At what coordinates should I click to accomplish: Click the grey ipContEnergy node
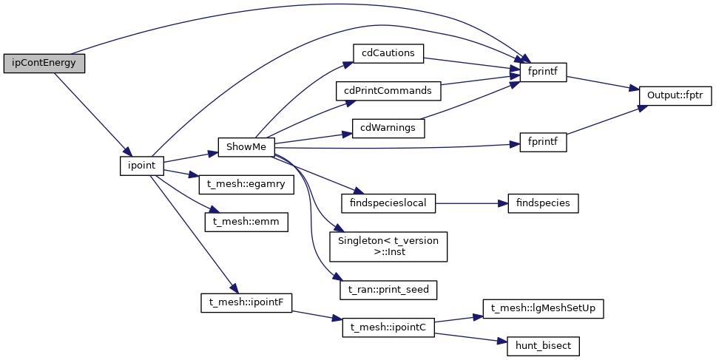[x=44, y=63]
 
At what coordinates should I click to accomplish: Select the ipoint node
[x=141, y=165]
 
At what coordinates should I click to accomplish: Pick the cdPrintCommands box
[x=388, y=91]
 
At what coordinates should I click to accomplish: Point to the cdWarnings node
[x=388, y=127]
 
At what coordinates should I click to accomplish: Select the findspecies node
[x=543, y=203]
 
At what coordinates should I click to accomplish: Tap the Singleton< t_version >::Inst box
[x=388, y=247]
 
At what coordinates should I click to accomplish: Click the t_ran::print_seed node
[x=388, y=290]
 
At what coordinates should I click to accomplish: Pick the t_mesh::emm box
[x=246, y=221]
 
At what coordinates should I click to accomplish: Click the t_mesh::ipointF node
[x=247, y=302]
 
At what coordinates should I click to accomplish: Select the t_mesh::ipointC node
[x=388, y=327]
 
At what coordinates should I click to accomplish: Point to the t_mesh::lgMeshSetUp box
[x=543, y=308]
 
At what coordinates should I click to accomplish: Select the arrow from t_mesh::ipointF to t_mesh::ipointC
[x=317, y=315]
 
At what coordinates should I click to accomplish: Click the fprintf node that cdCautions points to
[x=543, y=72]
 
